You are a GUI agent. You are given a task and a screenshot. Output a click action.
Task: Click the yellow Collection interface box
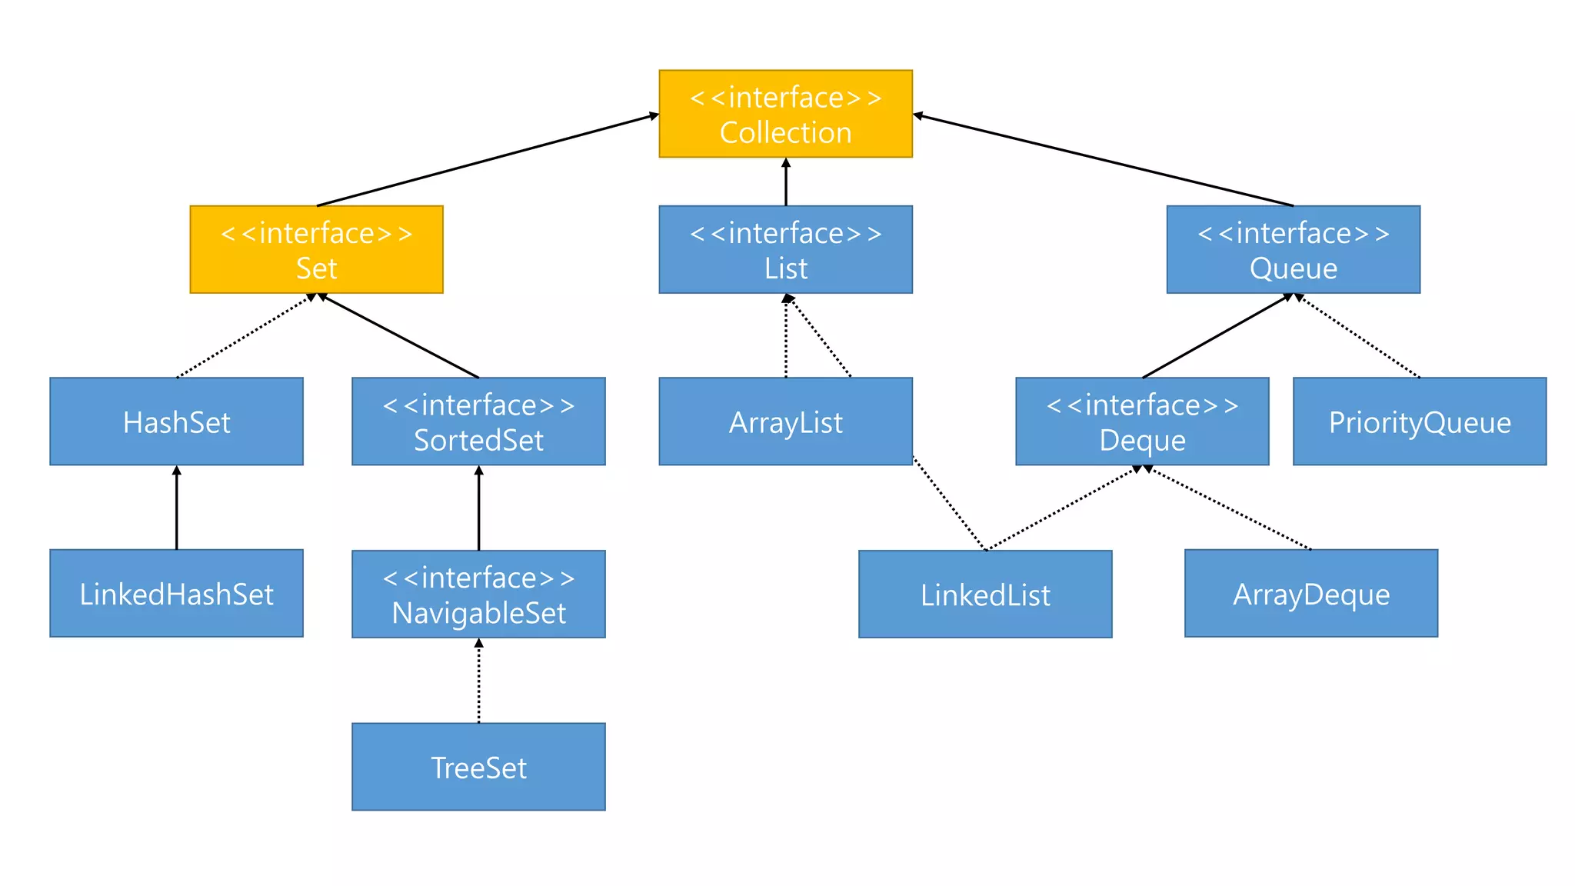click(x=785, y=114)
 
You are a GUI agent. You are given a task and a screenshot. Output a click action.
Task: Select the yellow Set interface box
click(x=316, y=249)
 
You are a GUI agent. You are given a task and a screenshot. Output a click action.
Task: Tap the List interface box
click(x=785, y=249)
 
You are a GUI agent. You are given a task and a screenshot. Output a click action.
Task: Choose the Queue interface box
click(x=1293, y=249)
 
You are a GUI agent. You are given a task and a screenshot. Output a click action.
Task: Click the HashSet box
click(x=176, y=421)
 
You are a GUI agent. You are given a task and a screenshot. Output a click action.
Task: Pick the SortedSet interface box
click(x=478, y=421)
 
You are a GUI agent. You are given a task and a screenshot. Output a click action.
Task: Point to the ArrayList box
click(x=785, y=421)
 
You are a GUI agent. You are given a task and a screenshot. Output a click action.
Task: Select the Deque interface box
click(x=1142, y=421)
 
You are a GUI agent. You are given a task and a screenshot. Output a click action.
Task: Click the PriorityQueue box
click(x=1420, y=421)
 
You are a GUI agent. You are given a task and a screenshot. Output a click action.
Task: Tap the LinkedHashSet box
click(x=176, y=593)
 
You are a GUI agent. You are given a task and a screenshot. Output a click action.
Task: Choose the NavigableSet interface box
click(x=478, y=594)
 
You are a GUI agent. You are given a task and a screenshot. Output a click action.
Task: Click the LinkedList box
click(x=985, y=594)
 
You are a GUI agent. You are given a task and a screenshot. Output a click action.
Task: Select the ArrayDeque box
click(x=1310, y=593)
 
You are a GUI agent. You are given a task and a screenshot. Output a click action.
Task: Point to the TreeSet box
click(x=478, y=766)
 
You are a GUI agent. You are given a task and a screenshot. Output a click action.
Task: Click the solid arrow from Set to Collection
click(x=488, y=160)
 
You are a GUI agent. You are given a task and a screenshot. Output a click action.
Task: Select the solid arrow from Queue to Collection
click(x=1103, y=160)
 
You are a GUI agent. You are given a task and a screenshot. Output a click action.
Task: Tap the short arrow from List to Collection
click(x=785, y=182)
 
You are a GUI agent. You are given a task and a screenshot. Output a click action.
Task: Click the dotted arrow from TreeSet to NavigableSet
click(x=478, y=681)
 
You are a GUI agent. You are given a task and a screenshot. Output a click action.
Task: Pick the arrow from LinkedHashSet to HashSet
click(x=176, y=508)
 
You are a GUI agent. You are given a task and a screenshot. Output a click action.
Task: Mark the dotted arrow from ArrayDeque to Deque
click(x=1230, y=508)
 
